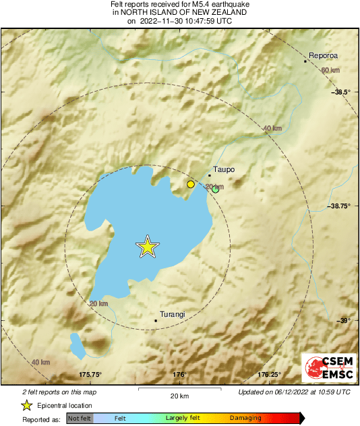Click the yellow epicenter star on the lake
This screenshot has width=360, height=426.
[147, 247]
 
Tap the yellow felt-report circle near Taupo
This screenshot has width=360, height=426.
[191, 184]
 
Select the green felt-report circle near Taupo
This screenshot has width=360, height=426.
[216, 190]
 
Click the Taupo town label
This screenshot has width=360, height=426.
[223, 170]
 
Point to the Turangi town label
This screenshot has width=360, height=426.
[172, 314]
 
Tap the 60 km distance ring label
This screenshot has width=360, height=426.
[330, 71]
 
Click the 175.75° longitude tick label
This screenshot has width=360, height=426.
[90, 375]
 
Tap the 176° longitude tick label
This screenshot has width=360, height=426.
[179, 375]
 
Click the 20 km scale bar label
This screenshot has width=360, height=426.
[179, 395]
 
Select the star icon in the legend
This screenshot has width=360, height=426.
[27, 405]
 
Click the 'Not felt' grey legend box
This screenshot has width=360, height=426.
[80, 419]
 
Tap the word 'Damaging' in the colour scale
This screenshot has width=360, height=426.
[245, 419]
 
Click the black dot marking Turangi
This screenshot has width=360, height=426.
[156, 320]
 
